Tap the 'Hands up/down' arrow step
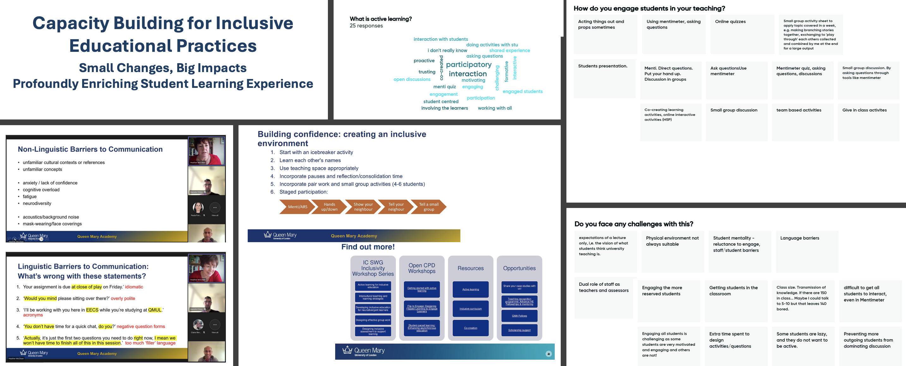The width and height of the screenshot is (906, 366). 329,207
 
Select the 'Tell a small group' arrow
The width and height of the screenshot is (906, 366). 429,207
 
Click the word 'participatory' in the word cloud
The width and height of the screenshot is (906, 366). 468,65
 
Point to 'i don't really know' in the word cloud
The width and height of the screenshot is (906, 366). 447,51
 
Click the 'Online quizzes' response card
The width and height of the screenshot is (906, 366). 742,34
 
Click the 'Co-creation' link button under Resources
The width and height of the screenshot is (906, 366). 470,328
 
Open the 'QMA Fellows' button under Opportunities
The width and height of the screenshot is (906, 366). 519,316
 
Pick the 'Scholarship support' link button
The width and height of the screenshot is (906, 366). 519,330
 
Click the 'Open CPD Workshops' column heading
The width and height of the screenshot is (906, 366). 422,268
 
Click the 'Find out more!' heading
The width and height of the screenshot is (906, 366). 368,247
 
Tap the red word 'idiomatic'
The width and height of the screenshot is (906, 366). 134,287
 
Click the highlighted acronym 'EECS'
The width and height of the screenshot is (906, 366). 92,310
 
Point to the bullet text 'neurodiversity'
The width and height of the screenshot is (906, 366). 37,204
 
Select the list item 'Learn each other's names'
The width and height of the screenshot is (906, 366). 310,161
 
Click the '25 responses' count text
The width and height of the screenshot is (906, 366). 366,26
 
